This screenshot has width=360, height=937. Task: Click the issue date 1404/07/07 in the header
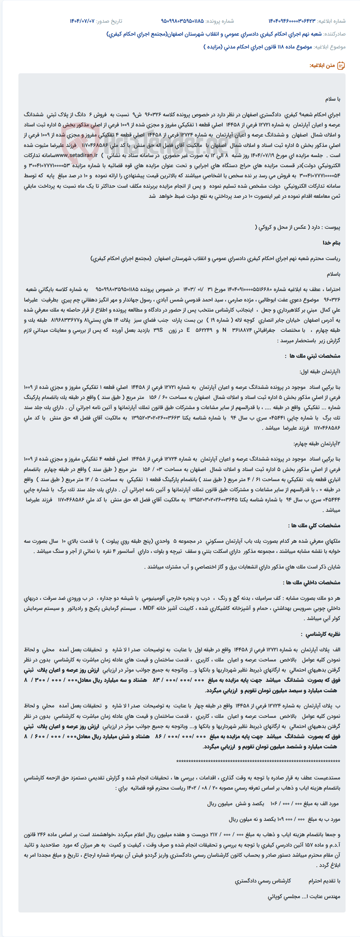coord(82,21)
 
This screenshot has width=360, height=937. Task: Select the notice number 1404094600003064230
coord(292,21)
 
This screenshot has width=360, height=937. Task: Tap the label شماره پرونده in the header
coord(220,21)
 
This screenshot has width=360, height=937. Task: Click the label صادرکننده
coord(335,34)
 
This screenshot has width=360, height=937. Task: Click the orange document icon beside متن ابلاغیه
coord(341,66)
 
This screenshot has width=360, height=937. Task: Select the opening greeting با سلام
coord(333,99)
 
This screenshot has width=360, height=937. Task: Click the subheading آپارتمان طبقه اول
coord(320,372)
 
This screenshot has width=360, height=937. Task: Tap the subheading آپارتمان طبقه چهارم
coord(318,444)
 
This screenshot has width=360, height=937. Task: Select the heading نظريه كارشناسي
coord(323,634)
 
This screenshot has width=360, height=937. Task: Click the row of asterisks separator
coord(258,762)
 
